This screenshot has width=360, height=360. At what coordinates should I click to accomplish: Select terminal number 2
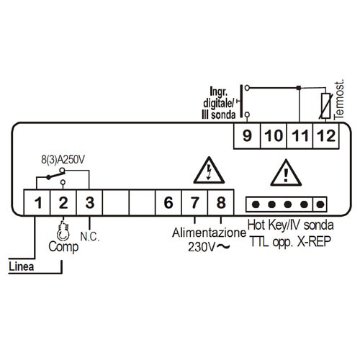tap(63, 202)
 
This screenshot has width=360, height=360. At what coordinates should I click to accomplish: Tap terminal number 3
tap(90, 202)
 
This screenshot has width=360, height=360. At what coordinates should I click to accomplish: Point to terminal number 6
tap(168, 202)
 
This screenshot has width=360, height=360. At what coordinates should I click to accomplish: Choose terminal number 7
tap(194, 202)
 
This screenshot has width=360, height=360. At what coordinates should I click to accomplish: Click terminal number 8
tap(221, 202)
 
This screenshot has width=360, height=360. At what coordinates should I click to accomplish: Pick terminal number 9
tap(247, 136)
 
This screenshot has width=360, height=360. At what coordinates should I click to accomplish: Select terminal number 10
tap(274, 136)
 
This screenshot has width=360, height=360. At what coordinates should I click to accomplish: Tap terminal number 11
tap(300, 136)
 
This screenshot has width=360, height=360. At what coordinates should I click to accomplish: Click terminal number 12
tap(326, 136)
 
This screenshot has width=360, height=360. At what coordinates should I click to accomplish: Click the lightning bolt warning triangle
tap(209, 171)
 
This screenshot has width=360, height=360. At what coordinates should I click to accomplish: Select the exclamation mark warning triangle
tap(286, 174)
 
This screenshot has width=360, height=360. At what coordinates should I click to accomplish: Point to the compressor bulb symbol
tap(63, 232)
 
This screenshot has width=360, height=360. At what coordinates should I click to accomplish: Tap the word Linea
tap(21, 266)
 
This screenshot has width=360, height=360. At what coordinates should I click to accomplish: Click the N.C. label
tap(90, 237)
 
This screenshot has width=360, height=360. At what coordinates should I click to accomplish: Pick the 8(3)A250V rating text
tap(63, 160)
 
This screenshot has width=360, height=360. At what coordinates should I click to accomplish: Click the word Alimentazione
tap(209, 233)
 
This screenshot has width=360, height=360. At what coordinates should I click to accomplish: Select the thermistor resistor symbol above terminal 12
tap(325, 106)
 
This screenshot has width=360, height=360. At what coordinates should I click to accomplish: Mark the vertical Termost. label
tap(339, 99)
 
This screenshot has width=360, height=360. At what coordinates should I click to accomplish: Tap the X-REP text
tap(314, 241)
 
